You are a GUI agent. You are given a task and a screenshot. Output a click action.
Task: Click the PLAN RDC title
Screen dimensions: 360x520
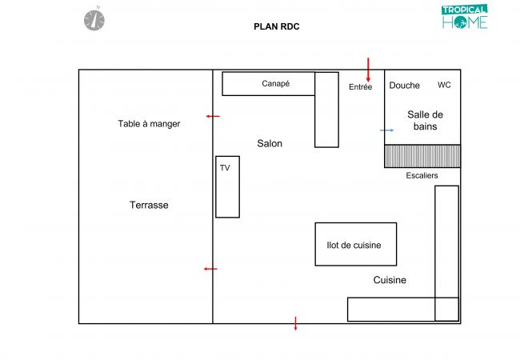coord(276,26)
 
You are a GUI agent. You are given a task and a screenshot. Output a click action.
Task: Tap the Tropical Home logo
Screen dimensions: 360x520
coord(464,18)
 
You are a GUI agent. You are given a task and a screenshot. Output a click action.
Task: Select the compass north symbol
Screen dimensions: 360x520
coord(94,18)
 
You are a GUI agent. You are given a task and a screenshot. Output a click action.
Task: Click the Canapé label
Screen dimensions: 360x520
coord(275,83)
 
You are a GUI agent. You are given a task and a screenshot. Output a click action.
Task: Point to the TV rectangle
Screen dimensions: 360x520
coord(227,186)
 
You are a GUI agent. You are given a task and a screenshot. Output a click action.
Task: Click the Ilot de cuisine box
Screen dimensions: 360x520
coord(355,244)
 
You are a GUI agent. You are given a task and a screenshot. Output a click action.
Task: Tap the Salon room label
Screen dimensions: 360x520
coord(270,144)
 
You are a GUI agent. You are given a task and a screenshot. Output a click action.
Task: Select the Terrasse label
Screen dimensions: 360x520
coord(149,205)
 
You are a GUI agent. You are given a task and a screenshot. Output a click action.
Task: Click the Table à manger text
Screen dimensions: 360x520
coord(149,123)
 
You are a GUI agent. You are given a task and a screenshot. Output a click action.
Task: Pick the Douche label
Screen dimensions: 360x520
coord(404,86)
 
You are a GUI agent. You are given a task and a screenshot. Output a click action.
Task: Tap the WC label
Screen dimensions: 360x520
coord(444,85)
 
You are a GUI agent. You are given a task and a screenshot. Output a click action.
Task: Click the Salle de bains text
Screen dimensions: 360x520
coord(424,120)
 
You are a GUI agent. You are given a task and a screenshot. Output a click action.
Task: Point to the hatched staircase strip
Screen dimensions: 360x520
coord(422,156)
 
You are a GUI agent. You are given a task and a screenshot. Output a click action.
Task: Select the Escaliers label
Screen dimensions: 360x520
coord(422,176)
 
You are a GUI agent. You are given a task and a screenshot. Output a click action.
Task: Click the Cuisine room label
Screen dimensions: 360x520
coord(390,280)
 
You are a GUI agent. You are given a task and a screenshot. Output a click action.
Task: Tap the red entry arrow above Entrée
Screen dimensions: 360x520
coord(368,69)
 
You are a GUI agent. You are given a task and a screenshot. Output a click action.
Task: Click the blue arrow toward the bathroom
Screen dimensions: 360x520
coord(387,130)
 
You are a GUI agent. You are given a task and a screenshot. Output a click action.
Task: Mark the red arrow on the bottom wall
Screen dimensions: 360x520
coord(295,323)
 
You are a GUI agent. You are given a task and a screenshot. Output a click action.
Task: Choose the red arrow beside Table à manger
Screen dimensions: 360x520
coord(212,117)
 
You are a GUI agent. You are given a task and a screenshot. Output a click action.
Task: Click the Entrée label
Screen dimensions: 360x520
coord(360,87)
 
